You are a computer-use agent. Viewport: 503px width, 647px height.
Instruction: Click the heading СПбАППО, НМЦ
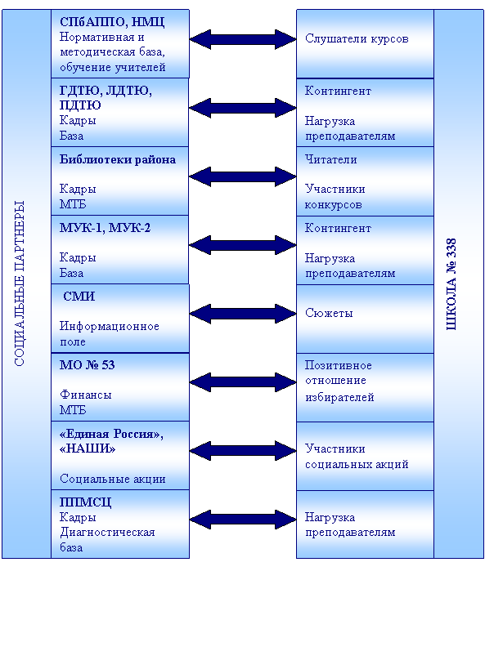click(x=112, y=22)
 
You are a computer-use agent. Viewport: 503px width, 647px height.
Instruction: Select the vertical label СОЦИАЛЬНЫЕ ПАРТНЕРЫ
click(x=20, y=283)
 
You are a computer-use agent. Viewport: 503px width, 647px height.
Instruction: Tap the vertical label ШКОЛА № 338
click(x=451, y=284)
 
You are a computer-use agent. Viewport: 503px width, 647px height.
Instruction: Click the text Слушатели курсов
click(x=357, y=38)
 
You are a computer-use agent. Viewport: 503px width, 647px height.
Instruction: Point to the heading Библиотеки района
click(x=118, y=159)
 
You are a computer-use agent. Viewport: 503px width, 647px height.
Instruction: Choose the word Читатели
click(x=330, y=159)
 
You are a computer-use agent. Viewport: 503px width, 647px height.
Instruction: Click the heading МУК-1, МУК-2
click(x=105, y=228)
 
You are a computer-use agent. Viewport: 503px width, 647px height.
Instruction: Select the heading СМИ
click(x=79, y=297)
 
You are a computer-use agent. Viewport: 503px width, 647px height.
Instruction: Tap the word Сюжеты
click(x=329, y=313)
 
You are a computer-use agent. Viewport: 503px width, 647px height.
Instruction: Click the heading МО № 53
click(x=88, y=365)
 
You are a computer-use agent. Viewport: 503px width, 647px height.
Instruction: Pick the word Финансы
click(x=86, y=395)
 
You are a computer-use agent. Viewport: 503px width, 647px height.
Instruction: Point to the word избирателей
click(x=339, y=397)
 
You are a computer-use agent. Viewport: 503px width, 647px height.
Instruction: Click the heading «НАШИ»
click(x=88, y=448)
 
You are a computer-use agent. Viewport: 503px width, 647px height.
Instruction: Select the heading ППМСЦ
click(x=86, y=502)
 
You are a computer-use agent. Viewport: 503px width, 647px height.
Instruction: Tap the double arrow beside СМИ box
click(x=243, y=314)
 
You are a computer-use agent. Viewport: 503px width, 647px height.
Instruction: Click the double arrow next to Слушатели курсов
click(x=243, y=39)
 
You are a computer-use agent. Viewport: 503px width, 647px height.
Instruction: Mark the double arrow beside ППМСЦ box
click(x=243, y=520)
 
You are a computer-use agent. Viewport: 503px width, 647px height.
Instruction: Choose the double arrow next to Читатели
click(x=243, y=176)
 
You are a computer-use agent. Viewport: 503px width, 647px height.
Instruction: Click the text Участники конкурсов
click(x=335, y=197)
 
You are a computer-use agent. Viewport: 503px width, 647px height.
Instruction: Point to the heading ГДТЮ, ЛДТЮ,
click(x=106, y=91)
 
